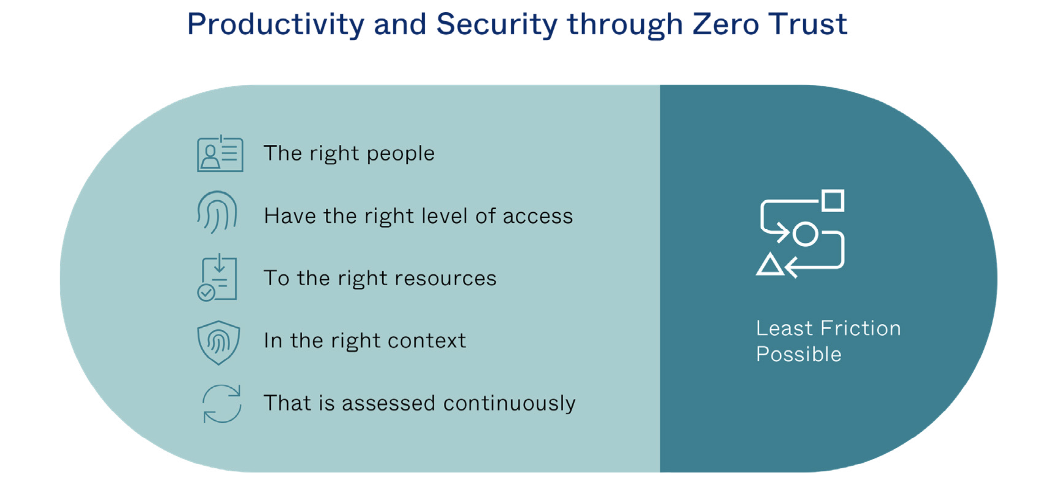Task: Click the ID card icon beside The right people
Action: click(220, 153)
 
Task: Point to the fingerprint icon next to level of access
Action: click(217, 212)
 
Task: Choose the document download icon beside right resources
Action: click(217, 277)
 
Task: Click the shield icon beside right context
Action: click(218, 343)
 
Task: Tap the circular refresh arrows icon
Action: click(222, 403)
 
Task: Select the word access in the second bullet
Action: click(538, 216)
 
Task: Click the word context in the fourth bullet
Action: click(427, 341)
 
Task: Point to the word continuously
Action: click(509, 404)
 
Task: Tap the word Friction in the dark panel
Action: click(861, 328)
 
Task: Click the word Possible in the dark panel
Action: click(799, 354)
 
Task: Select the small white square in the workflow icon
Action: click(833, 200)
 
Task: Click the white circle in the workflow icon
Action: click(805, 234)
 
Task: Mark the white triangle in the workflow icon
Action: click(770, 265)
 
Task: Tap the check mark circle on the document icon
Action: click(206, 293)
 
